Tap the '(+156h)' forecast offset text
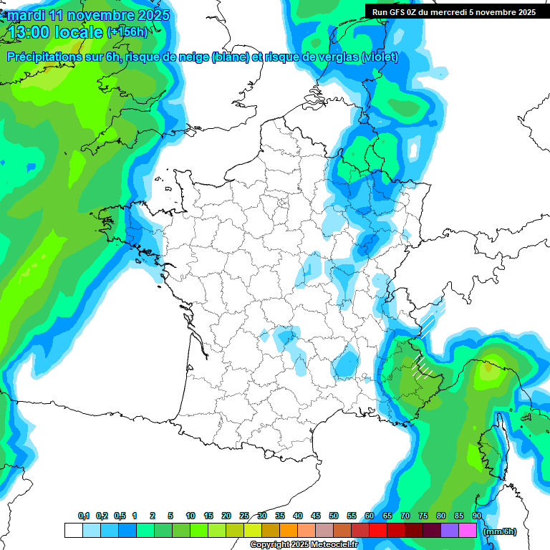coord(127,32)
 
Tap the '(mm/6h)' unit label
coord(499,531)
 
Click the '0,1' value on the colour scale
coord(84,516)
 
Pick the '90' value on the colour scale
coord(476,516)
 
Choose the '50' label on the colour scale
coord(334,516)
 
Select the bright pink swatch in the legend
coord(468,530)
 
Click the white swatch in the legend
coord(73,530)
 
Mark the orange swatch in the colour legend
coord(289,530)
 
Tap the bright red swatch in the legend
coord(378,530)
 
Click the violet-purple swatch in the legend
coord(450,530)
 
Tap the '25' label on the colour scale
coord(244,516)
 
